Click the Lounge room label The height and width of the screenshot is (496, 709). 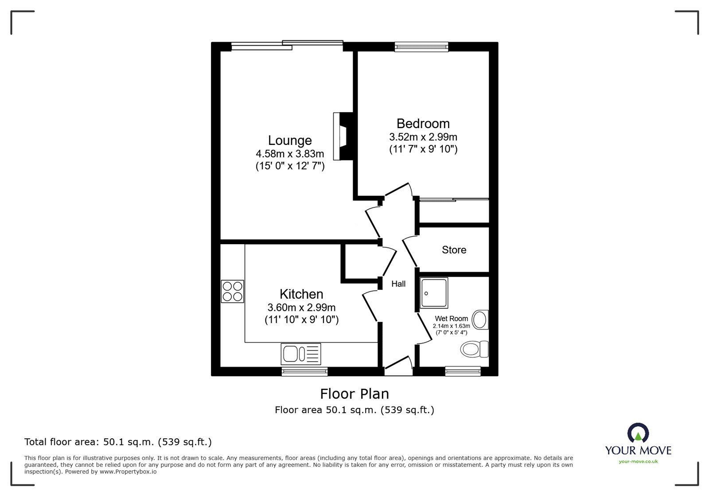(x=290, y=141)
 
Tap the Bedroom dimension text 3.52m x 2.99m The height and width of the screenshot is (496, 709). (x=423, y=137)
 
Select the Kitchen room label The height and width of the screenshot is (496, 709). (x=301, y=294)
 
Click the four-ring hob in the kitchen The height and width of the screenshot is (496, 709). (x=233, y=291)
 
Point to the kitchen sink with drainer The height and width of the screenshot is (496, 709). (x=300, y=354)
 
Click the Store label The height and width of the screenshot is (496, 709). (x=454, y=250)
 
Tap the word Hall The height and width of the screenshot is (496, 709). (x=398, y=284)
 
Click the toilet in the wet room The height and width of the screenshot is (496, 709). (x=474, y=349)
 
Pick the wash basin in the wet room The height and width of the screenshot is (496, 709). (x=480, y=320)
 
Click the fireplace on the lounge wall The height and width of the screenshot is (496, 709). (x=342, y=136)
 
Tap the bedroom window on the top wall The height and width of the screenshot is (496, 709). (x=421, y=46)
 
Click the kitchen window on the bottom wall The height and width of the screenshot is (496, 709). (x=305, y=371)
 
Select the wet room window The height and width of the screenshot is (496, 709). (x=463, y=371)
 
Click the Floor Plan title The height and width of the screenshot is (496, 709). (x=354, y=394)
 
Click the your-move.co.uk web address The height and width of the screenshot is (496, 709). (x=638, y=461)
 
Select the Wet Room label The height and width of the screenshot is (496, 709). (x=451, y=319)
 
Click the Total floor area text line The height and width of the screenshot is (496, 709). (x=118, y=442)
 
